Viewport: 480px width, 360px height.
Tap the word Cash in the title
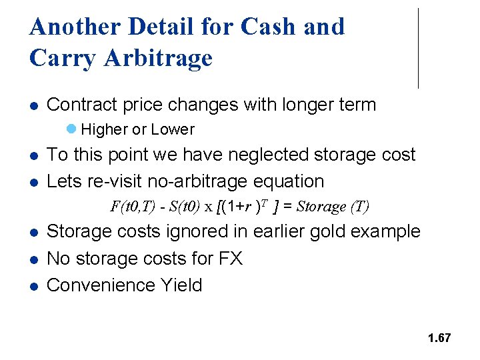point(269,27)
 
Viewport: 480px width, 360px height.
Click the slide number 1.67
point(439,338)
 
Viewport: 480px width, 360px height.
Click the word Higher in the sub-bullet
point(104,129)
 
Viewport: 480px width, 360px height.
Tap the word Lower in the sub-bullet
point(173,129)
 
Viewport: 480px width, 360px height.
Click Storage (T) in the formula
point(332,206)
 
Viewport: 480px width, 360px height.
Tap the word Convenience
point(101,285)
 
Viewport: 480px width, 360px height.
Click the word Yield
point(181,285)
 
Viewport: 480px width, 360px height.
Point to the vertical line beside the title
point(418,48)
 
